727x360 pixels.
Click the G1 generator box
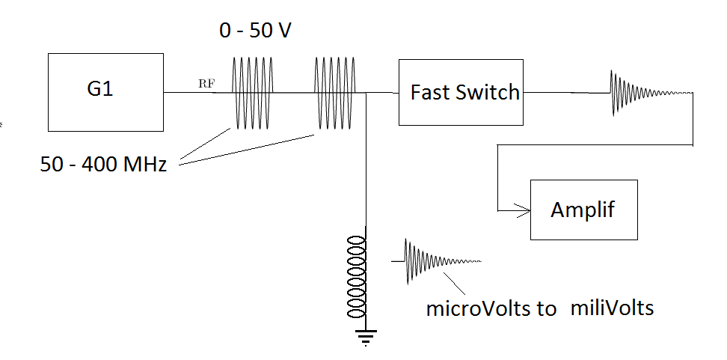point(105,91)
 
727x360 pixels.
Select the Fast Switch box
point(460,92)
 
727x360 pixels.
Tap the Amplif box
point(583,210)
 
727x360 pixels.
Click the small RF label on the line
point(206,83)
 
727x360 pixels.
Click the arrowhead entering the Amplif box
point(524,210)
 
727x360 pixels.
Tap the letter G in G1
point(95,91)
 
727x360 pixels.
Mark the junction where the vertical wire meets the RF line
point(366,93)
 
